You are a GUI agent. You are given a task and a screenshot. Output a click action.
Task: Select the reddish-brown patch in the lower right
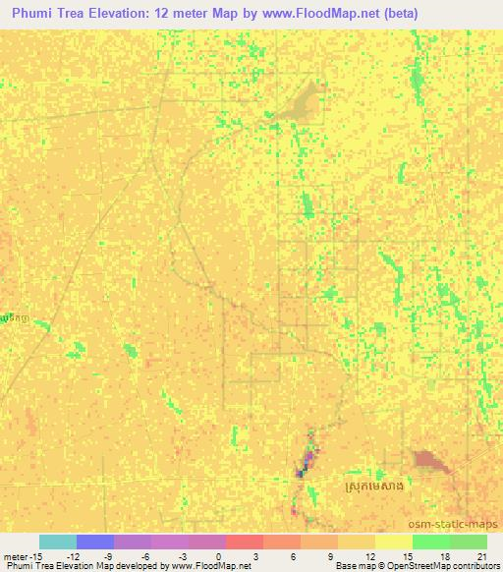pyautogui.click(x=429, y=459)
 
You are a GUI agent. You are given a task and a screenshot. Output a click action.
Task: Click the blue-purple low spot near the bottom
pyautogui.click(x=307, y=457)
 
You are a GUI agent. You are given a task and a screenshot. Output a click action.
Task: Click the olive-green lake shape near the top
pyautogui.click(x=299, y=100)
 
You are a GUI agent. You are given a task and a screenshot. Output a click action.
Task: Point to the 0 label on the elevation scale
pyautogui.click(x=219, y=556)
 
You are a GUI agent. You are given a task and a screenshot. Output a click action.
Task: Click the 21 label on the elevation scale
pyautogui.click(x=480, y=556)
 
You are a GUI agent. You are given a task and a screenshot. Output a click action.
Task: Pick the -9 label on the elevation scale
pyautogui.click(x=107, y=556)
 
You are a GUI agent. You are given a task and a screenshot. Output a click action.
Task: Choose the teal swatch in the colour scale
pyautogui.click(x=58, y=542)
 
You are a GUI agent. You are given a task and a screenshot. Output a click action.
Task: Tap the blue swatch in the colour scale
pyautogui.click(x=95, y=542)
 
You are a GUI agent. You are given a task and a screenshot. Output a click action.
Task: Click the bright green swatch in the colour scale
pyautogui.click(x=431, y=542)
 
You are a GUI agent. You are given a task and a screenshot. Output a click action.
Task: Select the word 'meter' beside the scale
pyautogui.click(x=13, y=556)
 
